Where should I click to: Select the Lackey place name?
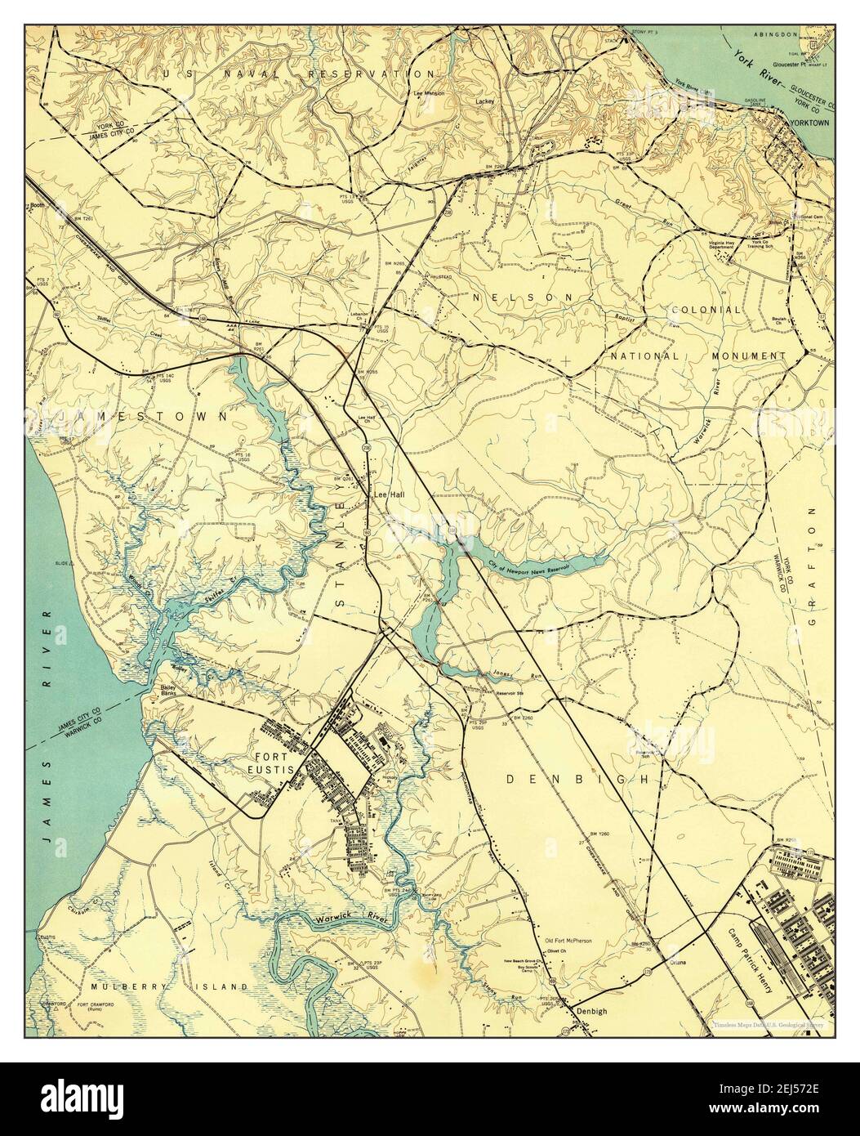[486, 102]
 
